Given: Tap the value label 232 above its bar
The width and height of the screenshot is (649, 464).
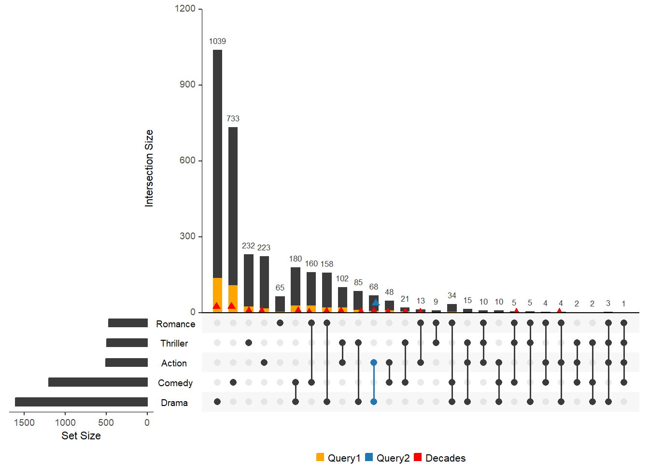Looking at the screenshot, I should (x=248, y=246).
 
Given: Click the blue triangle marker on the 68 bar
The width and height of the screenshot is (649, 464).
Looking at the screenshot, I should (x=376, y=303).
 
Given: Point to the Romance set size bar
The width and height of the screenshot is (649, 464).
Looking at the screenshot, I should (x=128, y=323).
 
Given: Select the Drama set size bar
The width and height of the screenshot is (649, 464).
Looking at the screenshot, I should (x=81, y=402).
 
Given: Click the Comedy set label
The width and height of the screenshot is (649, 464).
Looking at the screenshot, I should (x=175, y=383).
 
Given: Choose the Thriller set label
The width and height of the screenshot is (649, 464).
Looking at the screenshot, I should (x=174, y=343).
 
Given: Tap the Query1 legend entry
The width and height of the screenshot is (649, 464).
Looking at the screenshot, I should (x=339, y=458).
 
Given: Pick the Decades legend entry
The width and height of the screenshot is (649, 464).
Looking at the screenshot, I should (x=440, y=458).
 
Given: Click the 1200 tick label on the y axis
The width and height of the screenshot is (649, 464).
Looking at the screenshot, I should (x=185, y=9).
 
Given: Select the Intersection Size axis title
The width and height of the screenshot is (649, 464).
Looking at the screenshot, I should (x=149, y=168).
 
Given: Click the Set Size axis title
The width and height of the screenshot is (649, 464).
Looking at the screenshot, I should (x=81, y=435).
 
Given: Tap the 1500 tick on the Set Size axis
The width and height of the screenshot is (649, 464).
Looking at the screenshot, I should (x=24, y=422).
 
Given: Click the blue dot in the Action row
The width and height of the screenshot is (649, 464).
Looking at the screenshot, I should (x=374, y=362).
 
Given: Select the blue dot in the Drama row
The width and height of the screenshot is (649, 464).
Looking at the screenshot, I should (x=374, y=402).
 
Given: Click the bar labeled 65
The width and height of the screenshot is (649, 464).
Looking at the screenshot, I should (x=280, y=304).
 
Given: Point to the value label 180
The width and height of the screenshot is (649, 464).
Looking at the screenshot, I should (x=296, y=259).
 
